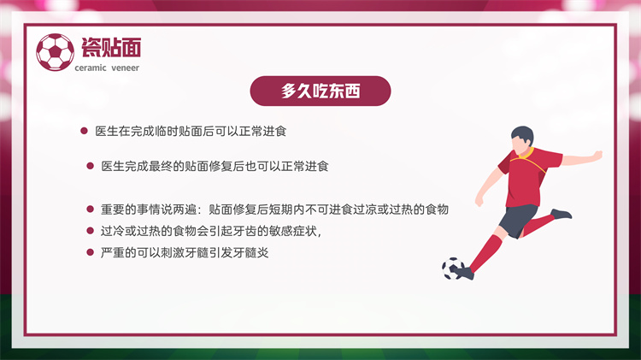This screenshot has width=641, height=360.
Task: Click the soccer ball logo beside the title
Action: point(56,52)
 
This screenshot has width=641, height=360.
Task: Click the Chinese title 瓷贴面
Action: point(111,47)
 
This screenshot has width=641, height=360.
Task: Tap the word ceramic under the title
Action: point(91,68)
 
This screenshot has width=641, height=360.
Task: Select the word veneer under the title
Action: point(125,68)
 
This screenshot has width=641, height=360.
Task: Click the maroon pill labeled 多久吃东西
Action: point(320,91)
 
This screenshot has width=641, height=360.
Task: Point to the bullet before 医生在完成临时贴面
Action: point(85,131)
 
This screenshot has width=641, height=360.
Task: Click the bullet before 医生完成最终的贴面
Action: point(91,166)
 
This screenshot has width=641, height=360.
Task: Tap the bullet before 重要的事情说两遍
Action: point(91,209)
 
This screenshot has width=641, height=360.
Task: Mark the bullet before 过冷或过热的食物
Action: point(91,231)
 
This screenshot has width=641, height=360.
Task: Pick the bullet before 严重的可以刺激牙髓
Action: point(91,252)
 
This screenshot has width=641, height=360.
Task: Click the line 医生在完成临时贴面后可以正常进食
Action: point(191,132)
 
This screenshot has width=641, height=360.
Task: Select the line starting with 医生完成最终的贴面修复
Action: point(215,166)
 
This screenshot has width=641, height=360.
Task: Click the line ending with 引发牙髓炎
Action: point(185,253)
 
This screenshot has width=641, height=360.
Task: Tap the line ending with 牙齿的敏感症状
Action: point(211,231)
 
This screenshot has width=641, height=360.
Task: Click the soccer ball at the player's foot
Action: point(452,269)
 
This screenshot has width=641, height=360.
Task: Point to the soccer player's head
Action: point(522,139)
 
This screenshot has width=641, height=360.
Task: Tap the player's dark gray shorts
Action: point(519,220)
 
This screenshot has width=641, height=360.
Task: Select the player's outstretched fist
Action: point(597,156)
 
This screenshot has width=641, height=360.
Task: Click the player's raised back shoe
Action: point(561,214)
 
